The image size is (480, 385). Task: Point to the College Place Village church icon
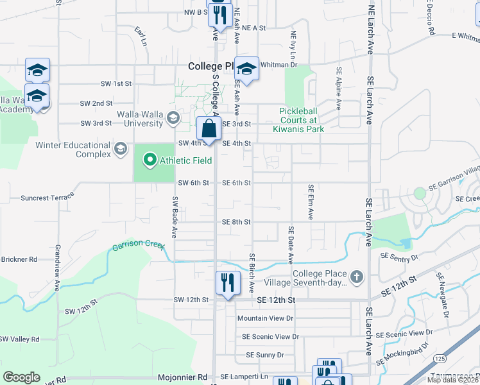point(357,278)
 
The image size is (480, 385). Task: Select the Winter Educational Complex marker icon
point(119,150)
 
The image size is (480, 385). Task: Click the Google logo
point(21,377)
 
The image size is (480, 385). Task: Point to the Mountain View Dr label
point(264,318)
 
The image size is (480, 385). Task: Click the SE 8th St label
point(236,222)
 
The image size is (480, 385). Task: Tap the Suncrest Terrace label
point(47,198)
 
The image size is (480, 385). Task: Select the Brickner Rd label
point(19,259)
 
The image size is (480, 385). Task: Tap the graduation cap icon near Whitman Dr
point(246,68)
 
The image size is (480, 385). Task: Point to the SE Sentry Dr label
point(399,256)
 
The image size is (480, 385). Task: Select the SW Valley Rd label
point(19,339)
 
